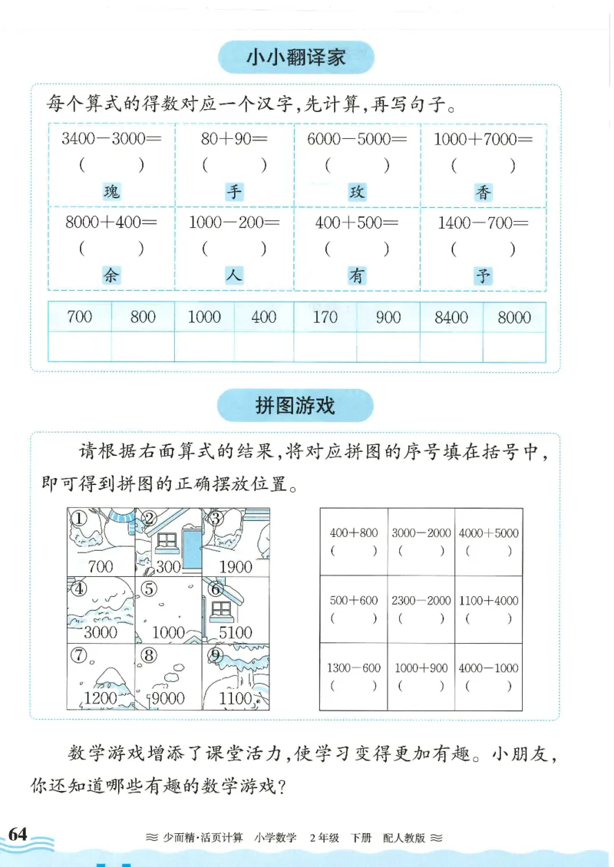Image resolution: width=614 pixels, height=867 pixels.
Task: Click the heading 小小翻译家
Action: pyautogui.click(x=295, y=57)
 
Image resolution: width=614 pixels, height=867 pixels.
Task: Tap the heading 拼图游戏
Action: pyautogui.click(x=295, y=404)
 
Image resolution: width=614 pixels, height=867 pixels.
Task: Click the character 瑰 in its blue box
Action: pyautogui.click(x=112, y=192)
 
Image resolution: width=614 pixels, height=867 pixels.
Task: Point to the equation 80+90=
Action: pyautogui.click(x=234, y=140)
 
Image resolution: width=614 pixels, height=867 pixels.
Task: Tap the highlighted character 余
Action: pyautogui.click(x=112, y=275)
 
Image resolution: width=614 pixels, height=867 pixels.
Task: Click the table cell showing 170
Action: pyautogui.click(x=325, y=317)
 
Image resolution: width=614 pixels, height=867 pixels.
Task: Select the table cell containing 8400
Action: pyautogui.click(x=451, y=317)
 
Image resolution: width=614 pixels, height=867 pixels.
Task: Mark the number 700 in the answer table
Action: pyautogui.click(x=80, y=317)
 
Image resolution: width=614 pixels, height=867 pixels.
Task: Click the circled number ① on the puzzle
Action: pyautogui.click(x=78, y=519)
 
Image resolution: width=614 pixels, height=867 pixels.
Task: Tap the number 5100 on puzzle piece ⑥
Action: pyautogui.click(x=235, y=632)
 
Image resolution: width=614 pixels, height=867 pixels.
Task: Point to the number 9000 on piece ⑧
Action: pyautogui.click(x=168, y=697)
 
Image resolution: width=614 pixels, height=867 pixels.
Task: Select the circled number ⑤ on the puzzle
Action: pyautogui.click(x=149, y=589)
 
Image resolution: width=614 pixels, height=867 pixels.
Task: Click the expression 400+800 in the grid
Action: pyautogui.click(x=353, y=533)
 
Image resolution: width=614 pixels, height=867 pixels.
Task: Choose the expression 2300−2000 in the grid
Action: pyautogui.click(x=421, y=601)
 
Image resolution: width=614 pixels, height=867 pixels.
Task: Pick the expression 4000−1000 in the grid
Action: pyautogui.click(x=488, y=668)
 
